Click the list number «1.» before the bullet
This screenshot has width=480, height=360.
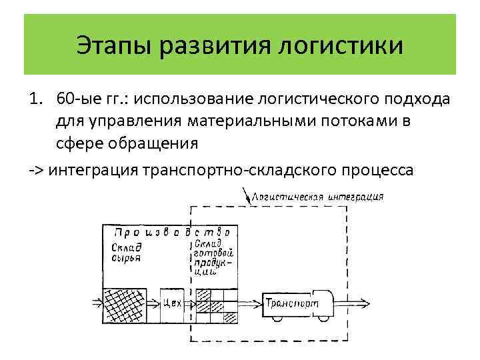pos(35,100)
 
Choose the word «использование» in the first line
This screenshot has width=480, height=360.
pos(189,100)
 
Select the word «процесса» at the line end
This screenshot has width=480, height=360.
pos(379,170)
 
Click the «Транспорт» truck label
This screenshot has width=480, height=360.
pos(291,304)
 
